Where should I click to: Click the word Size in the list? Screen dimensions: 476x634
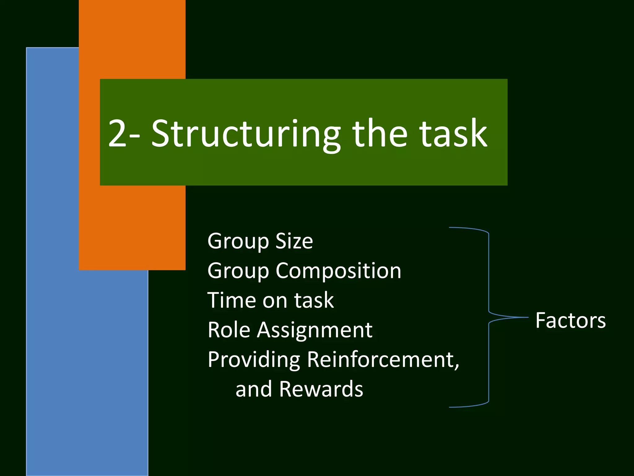pyautogui.click(x=294, y=241)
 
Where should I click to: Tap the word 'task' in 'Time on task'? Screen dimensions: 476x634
pyautogui.click(x=314, y=300)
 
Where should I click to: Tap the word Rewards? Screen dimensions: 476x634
pyautogui.click(x=321, y=389)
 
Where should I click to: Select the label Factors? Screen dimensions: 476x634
pyautogui.click(x=570, y=320)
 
